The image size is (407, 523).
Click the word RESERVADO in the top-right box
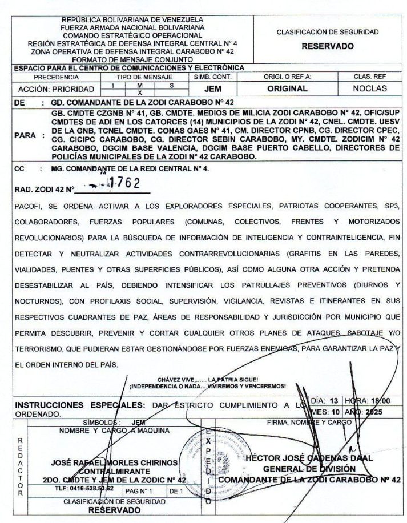pos(328,46)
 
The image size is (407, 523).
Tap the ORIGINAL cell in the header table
pos(287,88)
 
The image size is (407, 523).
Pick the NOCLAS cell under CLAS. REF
pos(369,88)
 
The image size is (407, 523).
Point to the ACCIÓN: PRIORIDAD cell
pos(56,89)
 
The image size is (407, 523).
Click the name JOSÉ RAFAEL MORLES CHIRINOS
pos(114,462)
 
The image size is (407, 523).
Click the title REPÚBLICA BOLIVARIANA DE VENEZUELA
pos(133,19)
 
